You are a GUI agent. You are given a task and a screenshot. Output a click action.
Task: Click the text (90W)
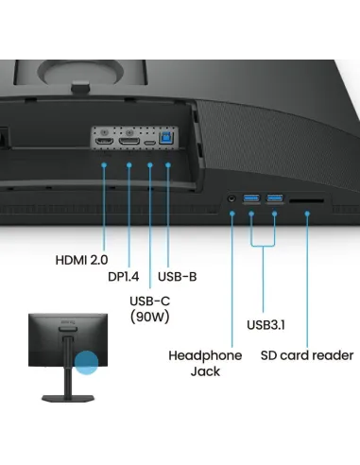150,318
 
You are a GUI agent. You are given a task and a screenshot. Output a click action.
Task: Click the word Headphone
204,355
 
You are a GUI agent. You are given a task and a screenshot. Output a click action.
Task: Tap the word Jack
204,371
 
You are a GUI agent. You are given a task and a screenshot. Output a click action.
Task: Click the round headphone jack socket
231,199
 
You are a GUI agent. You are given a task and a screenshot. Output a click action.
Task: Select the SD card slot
307,200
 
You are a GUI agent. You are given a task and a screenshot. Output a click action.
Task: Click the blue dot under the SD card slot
308,215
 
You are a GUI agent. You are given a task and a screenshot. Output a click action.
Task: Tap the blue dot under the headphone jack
232,215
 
